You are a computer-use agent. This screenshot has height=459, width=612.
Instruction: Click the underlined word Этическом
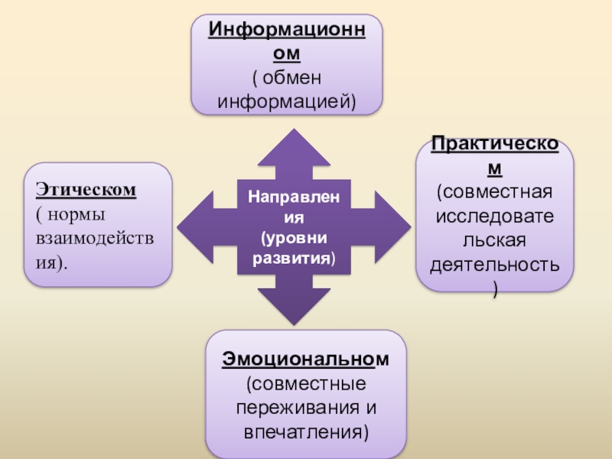click(x=86, y=188)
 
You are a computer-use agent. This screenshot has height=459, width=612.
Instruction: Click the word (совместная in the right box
click(x=495, y=189)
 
